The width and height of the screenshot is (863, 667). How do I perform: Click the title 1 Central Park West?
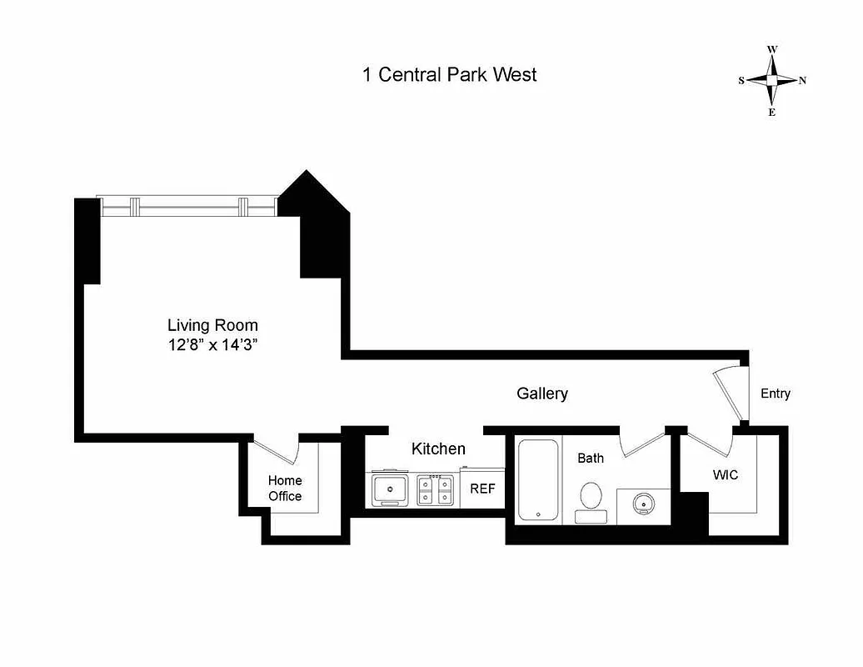pyautogui.click(x=449, y=74)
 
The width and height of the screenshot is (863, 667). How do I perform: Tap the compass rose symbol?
pyautogui.click(x=772, y=81)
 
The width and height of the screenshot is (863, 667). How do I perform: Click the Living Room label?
pyautogui.click(x=212, y=325)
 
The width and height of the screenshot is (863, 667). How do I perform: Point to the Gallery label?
pyautogui.click(x=542, y=394)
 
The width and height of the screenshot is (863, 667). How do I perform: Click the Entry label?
pyautogui.click(x=775, y=394)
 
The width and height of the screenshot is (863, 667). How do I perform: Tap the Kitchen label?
pyautogui.click(x=438, y=449)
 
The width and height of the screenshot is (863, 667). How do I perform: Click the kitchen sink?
pyautogui.click(x=389, y=489)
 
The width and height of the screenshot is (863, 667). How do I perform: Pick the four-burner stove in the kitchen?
pyautogui.click(x=436, y=489)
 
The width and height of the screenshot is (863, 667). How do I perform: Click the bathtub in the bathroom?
pyautogui.click(x=538, y=479)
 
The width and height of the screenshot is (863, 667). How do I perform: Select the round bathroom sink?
pyautogui.click(x=643, y=504)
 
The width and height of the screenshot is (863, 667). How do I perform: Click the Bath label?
pyautogui.click(x=591, y=458)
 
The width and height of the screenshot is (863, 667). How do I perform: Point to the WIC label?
pyautogui.click(x=725, y=474)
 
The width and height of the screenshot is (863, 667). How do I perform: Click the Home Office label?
pyautogui.click(x=285, y=488)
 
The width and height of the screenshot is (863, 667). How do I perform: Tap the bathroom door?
pyautogui.click(x=642, y=443)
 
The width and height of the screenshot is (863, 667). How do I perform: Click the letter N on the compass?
pyautogui.click(x=802, y=81)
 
